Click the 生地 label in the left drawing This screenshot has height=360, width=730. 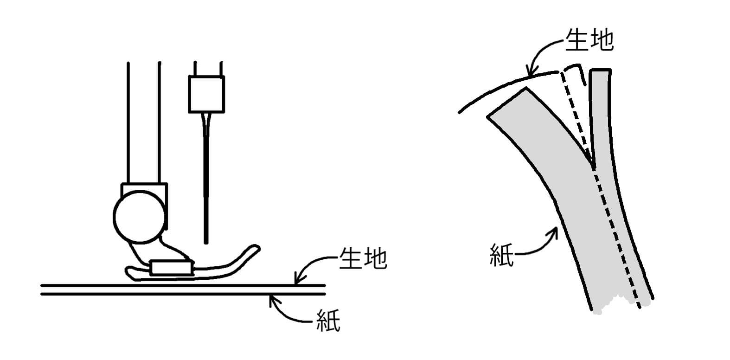363,258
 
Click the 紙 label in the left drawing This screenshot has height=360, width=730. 328,321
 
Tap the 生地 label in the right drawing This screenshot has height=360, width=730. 589,40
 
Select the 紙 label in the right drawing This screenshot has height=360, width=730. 502,255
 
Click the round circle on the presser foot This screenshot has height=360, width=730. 139,217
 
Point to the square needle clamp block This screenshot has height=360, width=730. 206,94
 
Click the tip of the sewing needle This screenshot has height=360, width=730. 206,243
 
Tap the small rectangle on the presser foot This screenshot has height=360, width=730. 171,267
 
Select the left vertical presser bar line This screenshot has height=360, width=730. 128,122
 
